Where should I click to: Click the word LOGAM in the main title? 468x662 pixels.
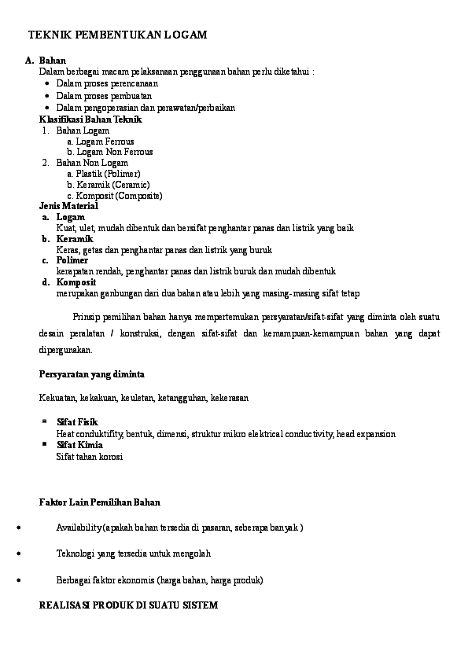click(x=186, y=35)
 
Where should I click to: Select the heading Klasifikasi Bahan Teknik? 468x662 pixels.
click(x=90, y=120)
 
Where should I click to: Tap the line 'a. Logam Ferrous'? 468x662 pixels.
click(x=100, y=142)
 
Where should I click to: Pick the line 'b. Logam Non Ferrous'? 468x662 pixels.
click(x=109, y=152)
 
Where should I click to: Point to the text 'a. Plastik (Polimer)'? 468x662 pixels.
click(x=103, y=174)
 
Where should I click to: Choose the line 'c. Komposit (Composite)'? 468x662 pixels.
click(x=114, y=196)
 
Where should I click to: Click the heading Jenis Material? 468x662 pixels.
click(x=68, y=206)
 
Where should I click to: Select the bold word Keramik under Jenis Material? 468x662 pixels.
click(x=75, y=239)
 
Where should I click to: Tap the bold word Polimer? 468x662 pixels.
click(x=72, y=260)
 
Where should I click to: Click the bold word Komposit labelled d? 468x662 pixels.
click(x=76, y=282)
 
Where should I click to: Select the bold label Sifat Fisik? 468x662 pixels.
click(x=76, y=423)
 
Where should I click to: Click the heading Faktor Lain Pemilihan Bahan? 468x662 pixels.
click(x=100, y=502)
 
